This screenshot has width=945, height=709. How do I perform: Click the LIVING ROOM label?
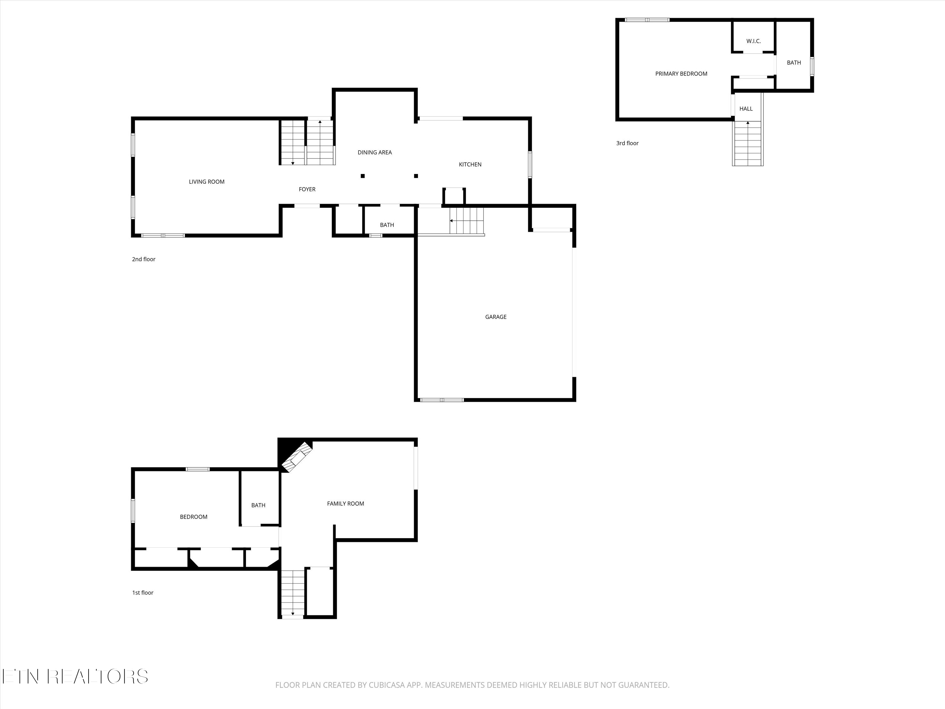(x=206, y=182)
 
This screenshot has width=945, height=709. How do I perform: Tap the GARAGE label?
(x=495, y=317)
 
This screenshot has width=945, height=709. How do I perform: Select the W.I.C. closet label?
(x=753, y=41)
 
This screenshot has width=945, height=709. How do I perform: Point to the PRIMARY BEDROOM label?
(x=681, y=73)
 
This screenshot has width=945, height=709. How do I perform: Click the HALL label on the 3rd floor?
(x=746, y=108)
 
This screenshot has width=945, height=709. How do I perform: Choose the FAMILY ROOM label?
(x=345, y=504)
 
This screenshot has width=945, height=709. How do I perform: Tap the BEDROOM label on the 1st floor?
(x=193, y=517)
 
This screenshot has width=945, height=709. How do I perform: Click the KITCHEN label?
(x=470, y=164)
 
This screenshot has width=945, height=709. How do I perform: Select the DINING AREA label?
(x=374, y=152)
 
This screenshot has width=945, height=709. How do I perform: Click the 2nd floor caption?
(x=144, y=259)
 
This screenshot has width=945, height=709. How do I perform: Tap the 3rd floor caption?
(x=627, y=143)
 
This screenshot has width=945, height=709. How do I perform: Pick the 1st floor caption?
(x=143, y=592)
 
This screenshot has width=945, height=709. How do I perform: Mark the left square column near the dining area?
(x=362, y=176)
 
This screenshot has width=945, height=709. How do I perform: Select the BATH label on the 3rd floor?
(x=794, y=62)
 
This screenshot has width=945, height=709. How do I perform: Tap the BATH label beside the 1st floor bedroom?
(x=258, y=505)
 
